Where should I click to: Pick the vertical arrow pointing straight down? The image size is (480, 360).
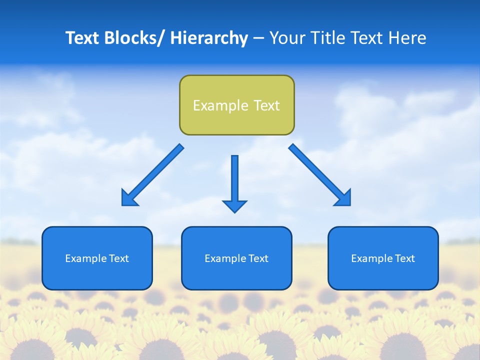coord(234,180)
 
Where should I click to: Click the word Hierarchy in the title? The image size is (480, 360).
coord(209,38)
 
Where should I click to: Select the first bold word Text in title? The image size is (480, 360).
coord(83,38)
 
